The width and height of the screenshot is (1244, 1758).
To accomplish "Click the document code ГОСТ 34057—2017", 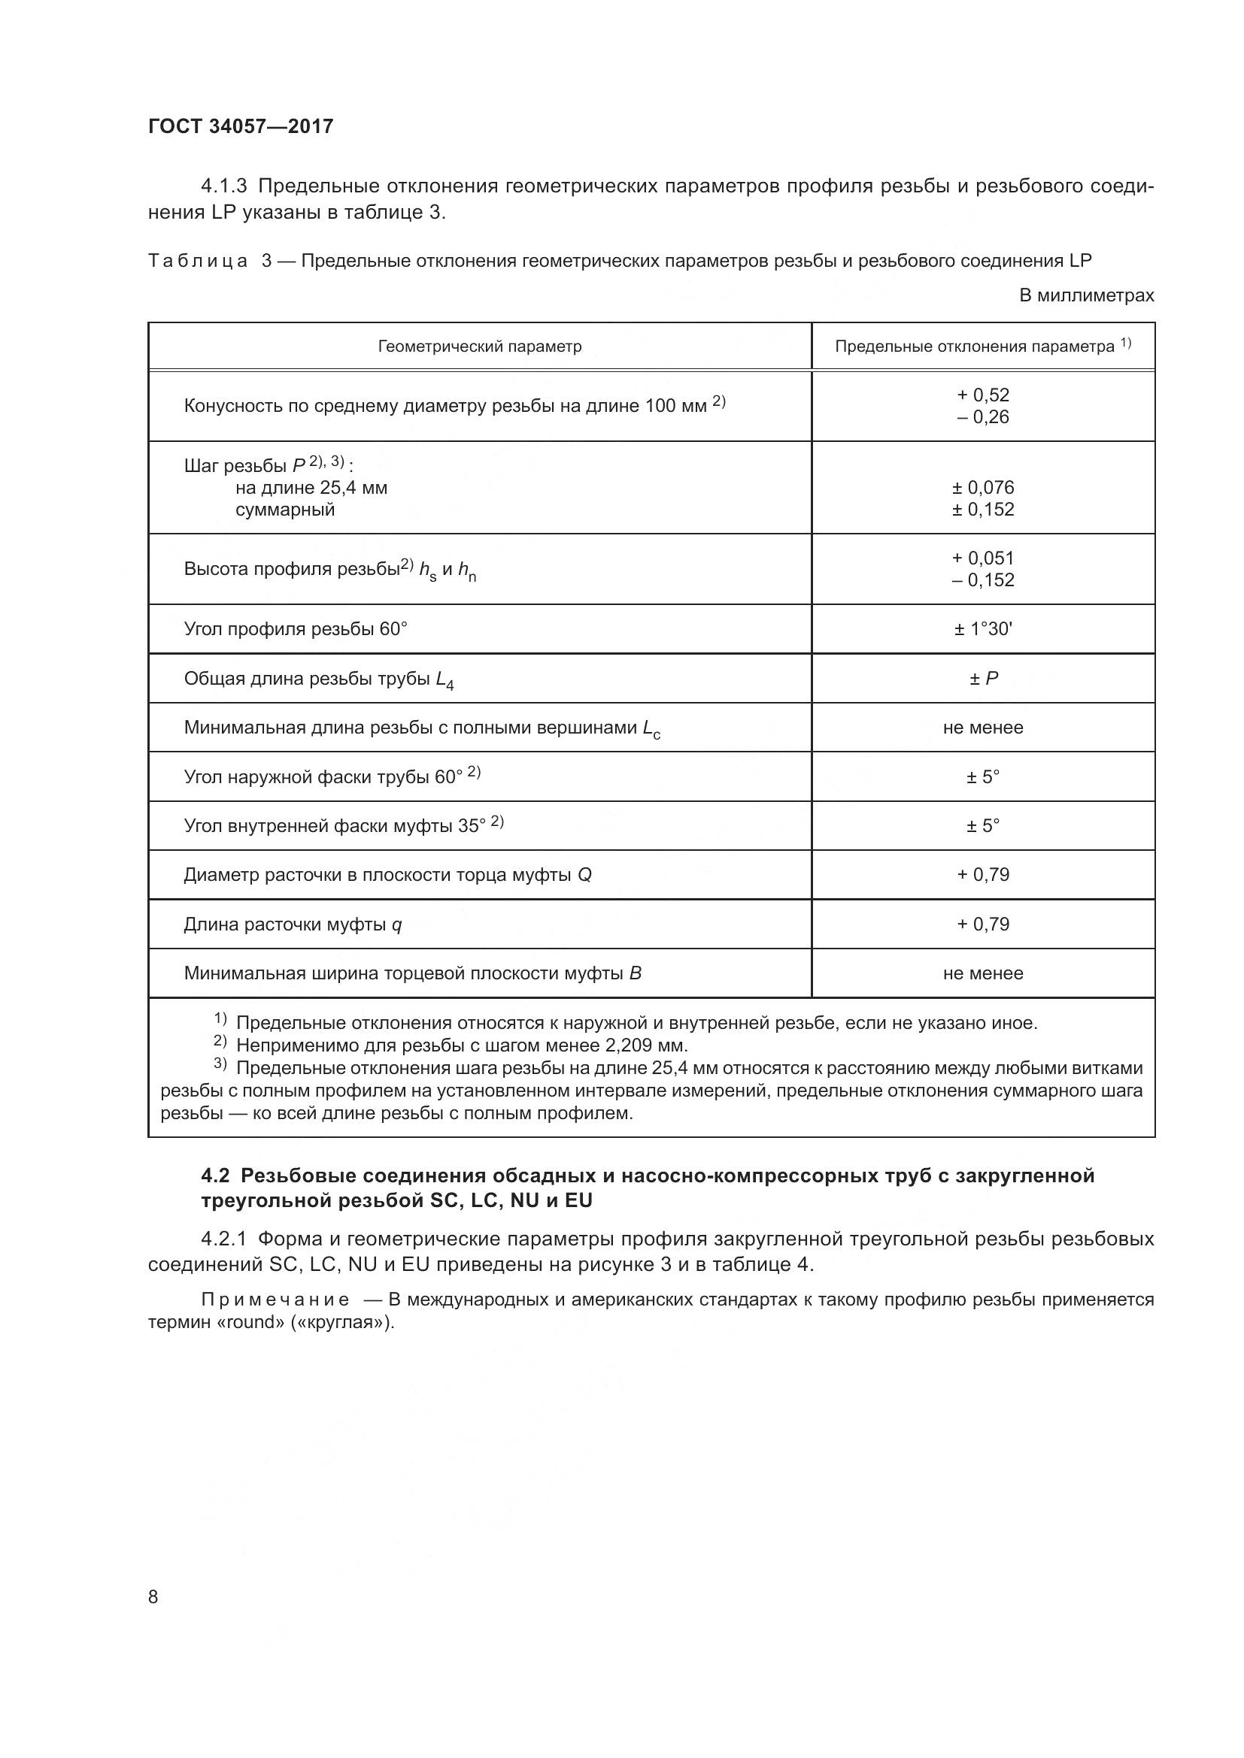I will [241, 126].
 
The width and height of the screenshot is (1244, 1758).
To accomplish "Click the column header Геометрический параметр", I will [480, 346].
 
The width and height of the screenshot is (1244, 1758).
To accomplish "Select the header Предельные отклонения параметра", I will [974, 346].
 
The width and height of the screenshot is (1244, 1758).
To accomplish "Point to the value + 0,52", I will [983, 395].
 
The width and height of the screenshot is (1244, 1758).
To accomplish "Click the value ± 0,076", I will [983, 488].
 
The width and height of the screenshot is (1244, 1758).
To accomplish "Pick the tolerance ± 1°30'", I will [983, 629].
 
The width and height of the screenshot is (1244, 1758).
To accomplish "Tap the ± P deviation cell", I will [983, 679].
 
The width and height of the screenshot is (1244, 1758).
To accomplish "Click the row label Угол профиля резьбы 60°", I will [296, 629].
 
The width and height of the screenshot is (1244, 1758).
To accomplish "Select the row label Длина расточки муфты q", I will [293, 925].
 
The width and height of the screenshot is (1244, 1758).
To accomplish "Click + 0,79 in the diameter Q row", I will [983, 874].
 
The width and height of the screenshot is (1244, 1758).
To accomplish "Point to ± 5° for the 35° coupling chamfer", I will [983, 825].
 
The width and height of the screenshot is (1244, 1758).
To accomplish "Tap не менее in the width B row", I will [983, 973].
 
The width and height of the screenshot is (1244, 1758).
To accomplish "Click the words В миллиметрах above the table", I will [1085, 295].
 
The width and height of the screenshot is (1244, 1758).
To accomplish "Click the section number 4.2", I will [217, 1176].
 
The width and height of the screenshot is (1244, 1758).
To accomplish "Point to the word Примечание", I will [276, 1300].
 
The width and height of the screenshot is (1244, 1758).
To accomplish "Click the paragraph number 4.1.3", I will [223, 186].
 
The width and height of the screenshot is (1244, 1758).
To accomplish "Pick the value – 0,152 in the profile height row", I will [983, 580].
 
